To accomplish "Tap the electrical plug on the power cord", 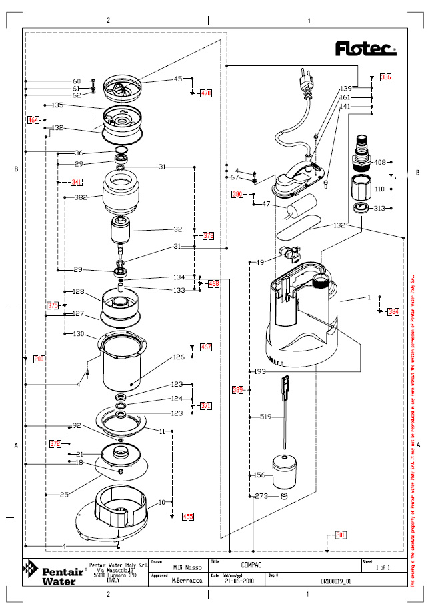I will coord(305,81).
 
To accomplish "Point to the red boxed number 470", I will coord(206,93).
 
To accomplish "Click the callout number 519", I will coord(265,417).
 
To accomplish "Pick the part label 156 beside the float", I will coord(261,475).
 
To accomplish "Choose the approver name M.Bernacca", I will coord(182,581).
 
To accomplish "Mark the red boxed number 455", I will coord(188,517).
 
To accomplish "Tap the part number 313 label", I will coord(379,208).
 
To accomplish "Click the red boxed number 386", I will coord(385,77).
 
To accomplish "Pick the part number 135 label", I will coord(57,105).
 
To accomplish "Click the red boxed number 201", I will coord(341,535).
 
